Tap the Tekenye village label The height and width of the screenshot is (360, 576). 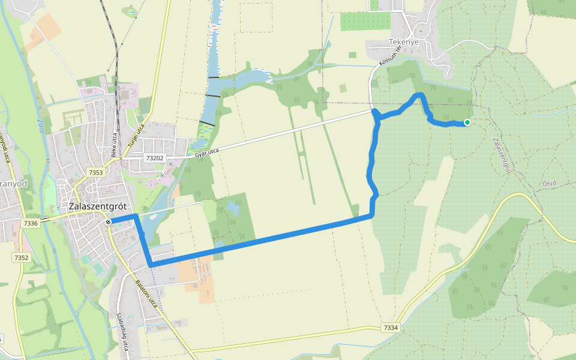pos(403,42)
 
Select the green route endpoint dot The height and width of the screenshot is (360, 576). pos(467,123)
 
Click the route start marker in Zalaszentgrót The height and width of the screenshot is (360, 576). pos(108,223)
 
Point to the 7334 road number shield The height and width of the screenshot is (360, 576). pos(390,328)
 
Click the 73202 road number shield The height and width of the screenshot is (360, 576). pos(154,158)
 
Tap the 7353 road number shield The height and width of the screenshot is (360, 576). pos(95,173)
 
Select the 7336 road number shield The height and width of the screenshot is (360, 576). pos(31,223)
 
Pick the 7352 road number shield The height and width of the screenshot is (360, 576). pos(21,257)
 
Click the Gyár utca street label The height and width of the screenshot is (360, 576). pos(205,153)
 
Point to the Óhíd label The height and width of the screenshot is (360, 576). pos(549,184)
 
